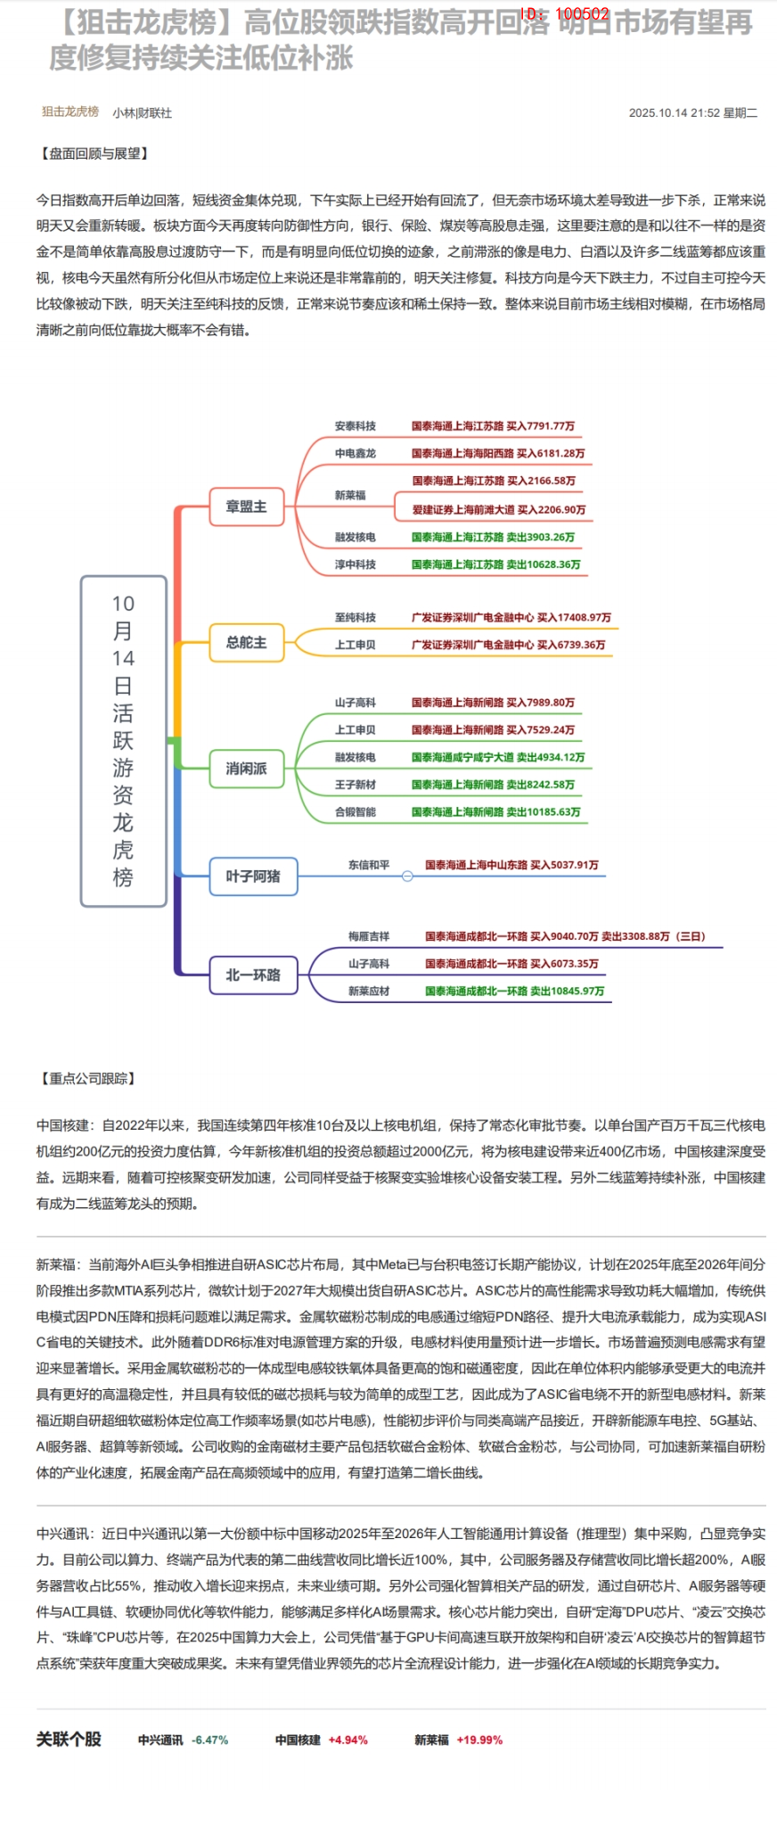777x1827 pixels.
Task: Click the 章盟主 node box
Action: pos(246,506)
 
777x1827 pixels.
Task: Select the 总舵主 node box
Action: pos(246,642)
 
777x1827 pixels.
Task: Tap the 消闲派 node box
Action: pos(246,769)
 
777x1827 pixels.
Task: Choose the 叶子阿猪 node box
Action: pos(253,876)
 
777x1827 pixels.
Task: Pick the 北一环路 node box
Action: pos(253,975)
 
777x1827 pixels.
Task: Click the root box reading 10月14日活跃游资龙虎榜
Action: pos(123,741)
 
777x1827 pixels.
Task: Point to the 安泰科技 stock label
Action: pos(355,426)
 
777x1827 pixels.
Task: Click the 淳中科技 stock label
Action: pos(355,564)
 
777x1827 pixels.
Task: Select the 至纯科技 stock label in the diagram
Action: pos(355,617)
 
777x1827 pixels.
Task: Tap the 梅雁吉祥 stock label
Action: pos(368,936)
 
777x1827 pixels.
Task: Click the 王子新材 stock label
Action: pos(355,785)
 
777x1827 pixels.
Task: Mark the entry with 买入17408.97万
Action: pos(511,617)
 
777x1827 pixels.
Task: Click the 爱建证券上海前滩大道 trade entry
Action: pos(498,510)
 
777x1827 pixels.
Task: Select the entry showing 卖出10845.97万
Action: pos(514,991)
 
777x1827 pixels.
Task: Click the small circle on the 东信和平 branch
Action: pos(407,876)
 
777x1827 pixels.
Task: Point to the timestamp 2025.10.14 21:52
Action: pos(674,113)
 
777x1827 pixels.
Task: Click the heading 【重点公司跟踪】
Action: pos(87,1079)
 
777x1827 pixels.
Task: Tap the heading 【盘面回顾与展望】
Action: pos(94,153)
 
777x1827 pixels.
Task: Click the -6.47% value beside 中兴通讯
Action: pos(210,1740)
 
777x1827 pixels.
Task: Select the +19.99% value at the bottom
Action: pos(479,1740)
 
